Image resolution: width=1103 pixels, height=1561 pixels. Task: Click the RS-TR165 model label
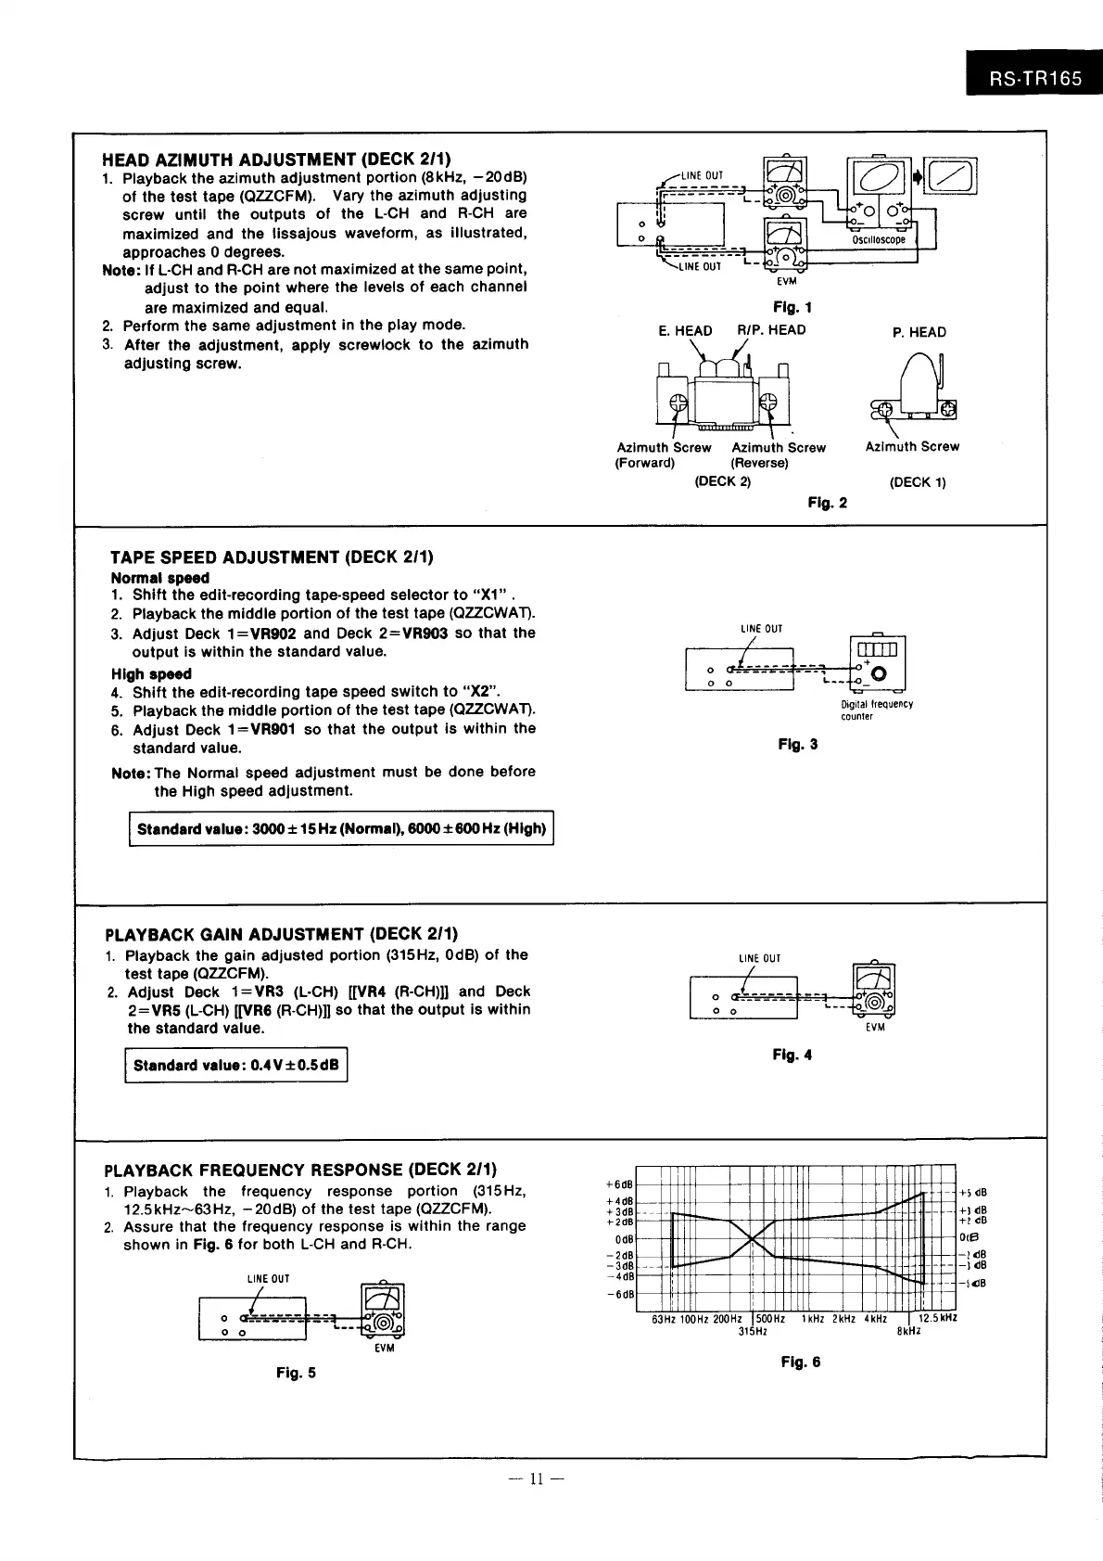coord(1034,79)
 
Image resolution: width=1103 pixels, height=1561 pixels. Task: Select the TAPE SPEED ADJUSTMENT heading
coord(272,557)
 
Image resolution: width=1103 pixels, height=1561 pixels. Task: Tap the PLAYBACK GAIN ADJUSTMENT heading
coord(282,933)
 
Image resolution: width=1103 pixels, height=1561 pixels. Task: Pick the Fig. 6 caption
coord(800,1362)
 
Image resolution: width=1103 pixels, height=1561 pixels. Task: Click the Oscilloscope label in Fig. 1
coord(878,239)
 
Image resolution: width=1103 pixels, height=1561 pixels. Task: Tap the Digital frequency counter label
coord(876,710)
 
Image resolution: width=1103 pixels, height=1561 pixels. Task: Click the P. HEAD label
coord(919,332)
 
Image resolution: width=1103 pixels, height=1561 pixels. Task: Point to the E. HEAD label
coord(685,330)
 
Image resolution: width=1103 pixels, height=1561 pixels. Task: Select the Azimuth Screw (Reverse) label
coord(778,454)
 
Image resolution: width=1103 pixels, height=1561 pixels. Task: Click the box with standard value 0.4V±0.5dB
coord(235,1065)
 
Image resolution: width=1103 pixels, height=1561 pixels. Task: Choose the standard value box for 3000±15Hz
coord(341,828)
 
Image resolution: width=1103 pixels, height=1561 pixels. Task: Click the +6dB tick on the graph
coord(619,1184)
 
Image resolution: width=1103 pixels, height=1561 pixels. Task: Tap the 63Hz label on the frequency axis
coord(664,1319)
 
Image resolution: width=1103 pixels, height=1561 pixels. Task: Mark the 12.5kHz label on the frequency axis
coord(937,1318)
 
